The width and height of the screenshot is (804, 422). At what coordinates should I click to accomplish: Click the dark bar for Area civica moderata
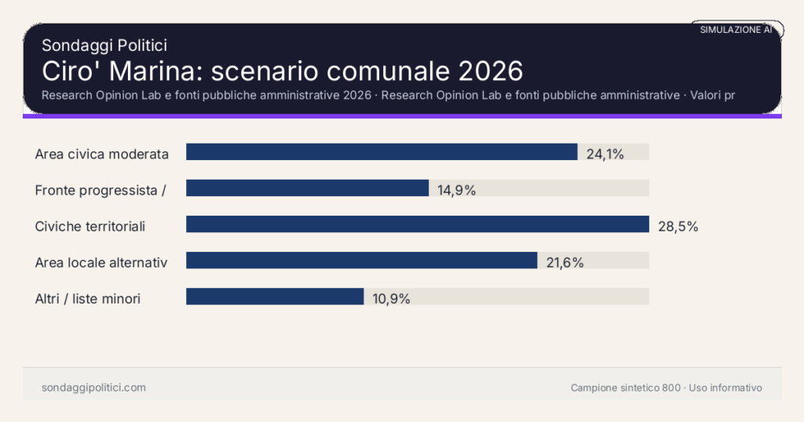pos(382,152)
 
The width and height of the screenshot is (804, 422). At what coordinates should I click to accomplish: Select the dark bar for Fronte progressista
pos(307,188)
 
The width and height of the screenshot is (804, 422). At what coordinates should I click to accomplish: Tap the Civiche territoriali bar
pos(417,224)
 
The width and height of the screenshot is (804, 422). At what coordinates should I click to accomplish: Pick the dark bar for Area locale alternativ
pos(361,260)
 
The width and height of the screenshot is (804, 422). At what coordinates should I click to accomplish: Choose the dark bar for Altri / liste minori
pos(275,296)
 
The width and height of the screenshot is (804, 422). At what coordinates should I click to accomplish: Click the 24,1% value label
pos(605,154)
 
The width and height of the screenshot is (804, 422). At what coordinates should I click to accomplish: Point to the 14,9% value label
pos(456,190)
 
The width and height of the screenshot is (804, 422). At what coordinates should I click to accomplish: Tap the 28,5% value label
pos(678,226)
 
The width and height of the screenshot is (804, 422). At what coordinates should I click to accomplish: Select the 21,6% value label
pos(565,262)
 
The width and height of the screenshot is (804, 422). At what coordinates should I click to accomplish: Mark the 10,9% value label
pos(391,298)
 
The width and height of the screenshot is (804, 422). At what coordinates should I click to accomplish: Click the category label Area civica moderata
pos(102,154)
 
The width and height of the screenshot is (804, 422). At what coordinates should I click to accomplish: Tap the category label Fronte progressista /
pos(100,190)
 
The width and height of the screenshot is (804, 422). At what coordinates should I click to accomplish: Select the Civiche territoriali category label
pos(90,226)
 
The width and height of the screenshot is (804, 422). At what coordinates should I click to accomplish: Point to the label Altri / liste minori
pos(88,298)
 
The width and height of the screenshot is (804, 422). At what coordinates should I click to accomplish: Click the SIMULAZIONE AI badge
pos(736,29)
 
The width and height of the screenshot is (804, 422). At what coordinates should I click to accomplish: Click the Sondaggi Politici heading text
pos(104,45)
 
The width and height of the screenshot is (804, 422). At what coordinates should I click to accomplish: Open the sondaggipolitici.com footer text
pos(93,387)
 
